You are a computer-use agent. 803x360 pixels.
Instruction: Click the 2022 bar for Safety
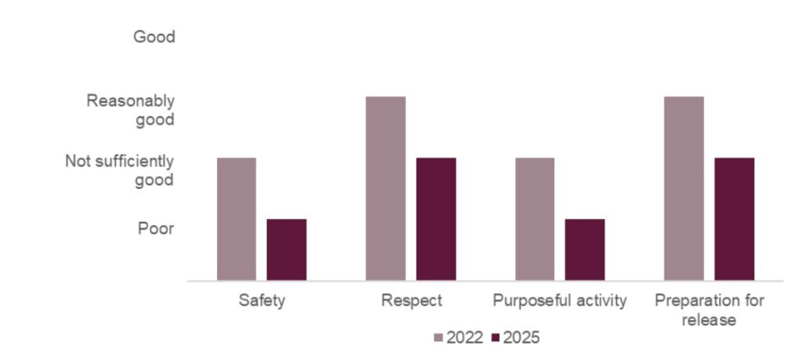[236, 219]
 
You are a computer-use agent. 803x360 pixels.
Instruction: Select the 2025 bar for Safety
[286, 249]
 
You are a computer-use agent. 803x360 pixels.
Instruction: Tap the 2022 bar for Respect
[385, 188]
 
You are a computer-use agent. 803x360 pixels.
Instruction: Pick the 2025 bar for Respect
[435, 219]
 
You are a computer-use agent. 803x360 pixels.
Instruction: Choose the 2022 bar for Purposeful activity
[534, 219]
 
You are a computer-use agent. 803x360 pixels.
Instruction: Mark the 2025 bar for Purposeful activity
[584, 249]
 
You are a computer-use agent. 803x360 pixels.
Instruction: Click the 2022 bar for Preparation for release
[683, 188]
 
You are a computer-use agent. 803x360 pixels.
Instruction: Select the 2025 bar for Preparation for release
[734, 219]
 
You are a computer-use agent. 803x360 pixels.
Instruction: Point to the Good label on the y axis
[154, 37]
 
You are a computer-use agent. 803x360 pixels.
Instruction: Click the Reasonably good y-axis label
[130, 110]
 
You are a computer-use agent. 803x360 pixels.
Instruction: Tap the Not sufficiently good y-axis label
[119, 170]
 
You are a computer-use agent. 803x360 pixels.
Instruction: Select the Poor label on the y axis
[156, 228]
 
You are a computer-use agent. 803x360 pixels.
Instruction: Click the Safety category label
[261, 300]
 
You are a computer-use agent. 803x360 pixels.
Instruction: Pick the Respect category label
[411, 300]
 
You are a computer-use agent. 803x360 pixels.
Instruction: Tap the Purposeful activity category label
[560, 300]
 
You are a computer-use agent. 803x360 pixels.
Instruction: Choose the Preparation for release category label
[709, 309]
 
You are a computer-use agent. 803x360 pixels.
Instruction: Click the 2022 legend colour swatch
[438, 338]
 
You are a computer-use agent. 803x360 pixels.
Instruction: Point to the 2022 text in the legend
[465, 338]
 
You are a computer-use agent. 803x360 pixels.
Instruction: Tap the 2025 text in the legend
[521, 338]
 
